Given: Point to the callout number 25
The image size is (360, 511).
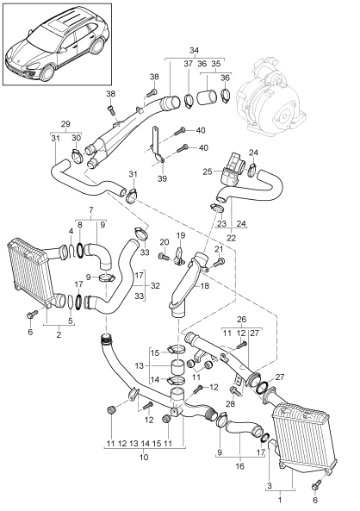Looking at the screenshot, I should click(208, 172).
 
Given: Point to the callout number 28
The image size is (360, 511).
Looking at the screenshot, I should click(231, 403).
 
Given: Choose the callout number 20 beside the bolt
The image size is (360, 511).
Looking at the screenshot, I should click(163, 243).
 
